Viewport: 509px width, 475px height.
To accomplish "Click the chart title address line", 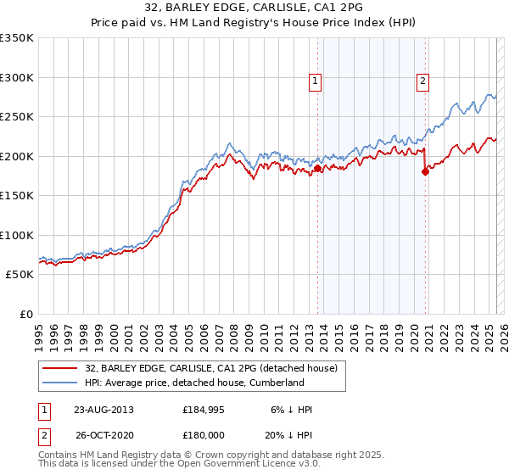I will [x=254, y=7].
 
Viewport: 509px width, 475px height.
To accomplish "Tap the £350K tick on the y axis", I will [x=17, y=38].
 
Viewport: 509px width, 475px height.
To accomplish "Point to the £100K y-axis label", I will [x=17, y=235].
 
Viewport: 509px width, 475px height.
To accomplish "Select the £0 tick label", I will [x=25, y=314].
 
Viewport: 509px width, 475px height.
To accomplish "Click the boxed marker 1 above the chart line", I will [x=315, y=81].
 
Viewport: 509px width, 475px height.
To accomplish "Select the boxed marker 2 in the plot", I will [x=422, y=81].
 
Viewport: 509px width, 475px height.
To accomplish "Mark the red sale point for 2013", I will [x=317, y=169].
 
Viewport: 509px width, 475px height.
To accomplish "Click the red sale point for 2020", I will [x=425, y=172].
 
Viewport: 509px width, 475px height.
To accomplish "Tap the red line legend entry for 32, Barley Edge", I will [x=211, y=368].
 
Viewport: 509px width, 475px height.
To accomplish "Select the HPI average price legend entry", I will [x=194, y=383].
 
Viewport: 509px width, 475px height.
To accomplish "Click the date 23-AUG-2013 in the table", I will [x=103, y=410].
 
